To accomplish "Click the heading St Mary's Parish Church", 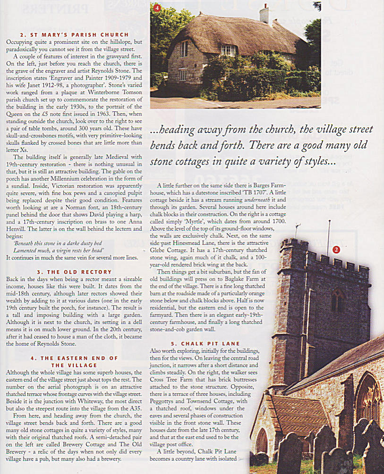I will point(75,35).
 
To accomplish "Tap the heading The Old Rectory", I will point(75,272).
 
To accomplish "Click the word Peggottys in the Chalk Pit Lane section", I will point(164,393).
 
